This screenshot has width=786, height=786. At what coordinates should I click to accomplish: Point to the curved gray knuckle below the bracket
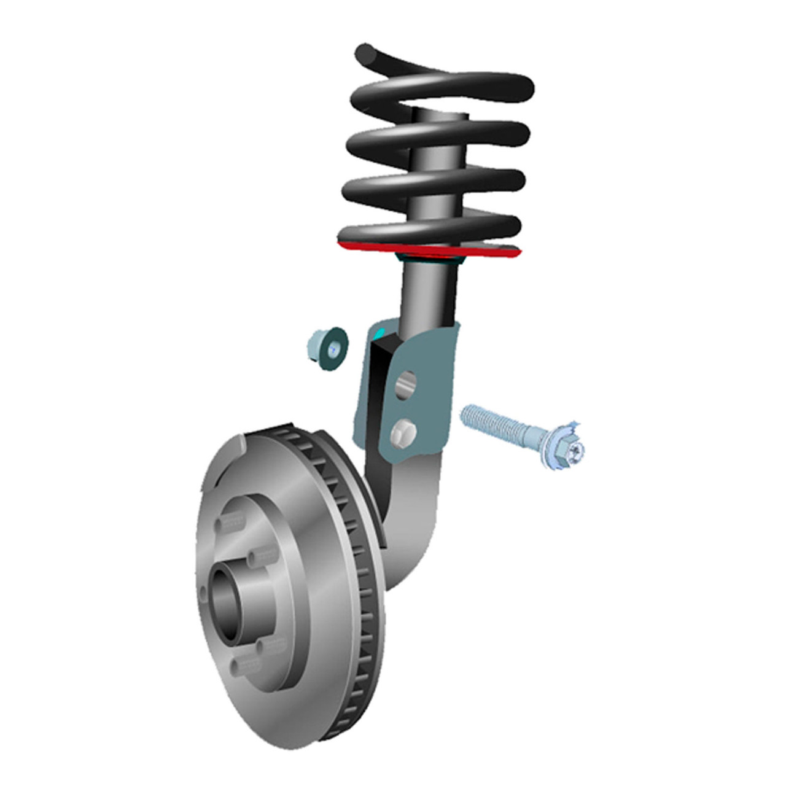coord(411,522)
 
